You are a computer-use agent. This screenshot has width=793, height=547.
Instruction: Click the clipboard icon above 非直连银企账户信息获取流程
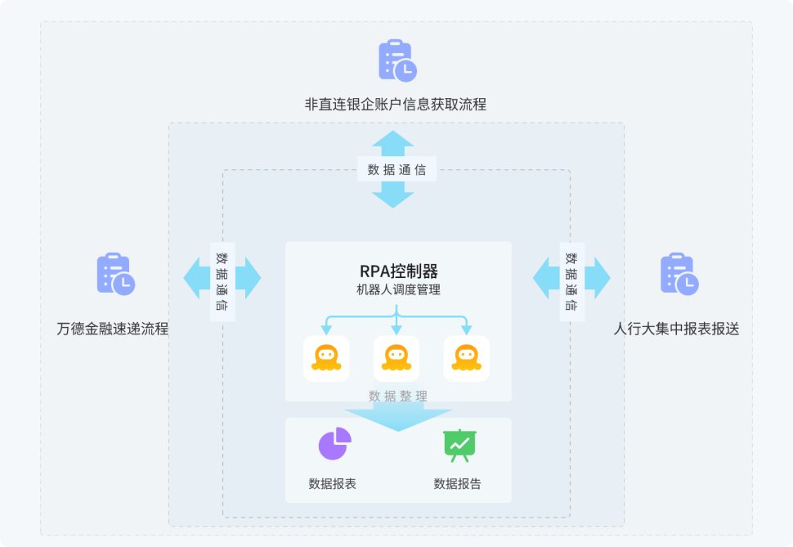[397, 60]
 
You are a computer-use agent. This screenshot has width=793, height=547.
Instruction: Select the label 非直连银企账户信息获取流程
[396, 105]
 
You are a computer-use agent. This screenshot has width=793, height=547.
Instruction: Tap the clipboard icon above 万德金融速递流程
[115, 273]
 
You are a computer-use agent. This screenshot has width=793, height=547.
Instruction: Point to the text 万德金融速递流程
[113, 329]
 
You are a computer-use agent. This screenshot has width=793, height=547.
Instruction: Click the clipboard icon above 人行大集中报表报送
[679, 273]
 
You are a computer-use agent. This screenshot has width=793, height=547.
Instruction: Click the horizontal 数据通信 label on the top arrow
[396, 170]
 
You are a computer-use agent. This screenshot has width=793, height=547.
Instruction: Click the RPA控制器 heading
[398, 271]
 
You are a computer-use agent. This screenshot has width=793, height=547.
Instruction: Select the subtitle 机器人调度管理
[398, 289]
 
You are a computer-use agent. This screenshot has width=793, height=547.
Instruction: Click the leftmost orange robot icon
[326, 358]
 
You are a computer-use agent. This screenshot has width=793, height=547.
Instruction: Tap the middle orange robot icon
[396, 358]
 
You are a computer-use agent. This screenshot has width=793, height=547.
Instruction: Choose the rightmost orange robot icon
[467, 358]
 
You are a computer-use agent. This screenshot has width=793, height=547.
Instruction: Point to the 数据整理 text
[398, 396]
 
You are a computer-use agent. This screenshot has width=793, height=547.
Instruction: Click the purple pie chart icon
[334, 443]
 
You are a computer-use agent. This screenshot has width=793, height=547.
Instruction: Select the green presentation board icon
[459, 444]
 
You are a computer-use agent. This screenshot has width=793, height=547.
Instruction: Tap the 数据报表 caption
[333, 483]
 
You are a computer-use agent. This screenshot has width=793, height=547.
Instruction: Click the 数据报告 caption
[458, 483]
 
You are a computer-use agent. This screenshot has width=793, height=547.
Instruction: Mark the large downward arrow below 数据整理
[398, 417]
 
